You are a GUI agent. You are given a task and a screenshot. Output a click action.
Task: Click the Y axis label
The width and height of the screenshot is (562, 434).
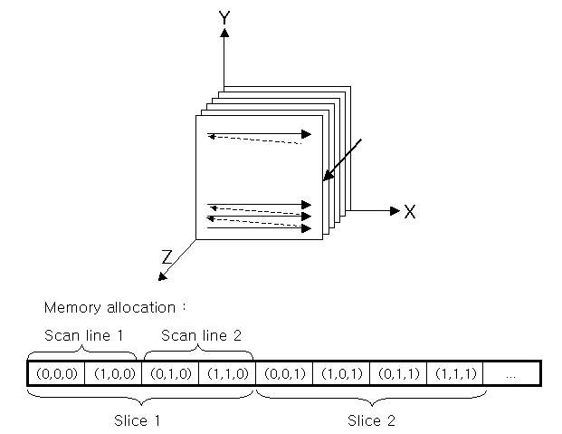coord(224,17)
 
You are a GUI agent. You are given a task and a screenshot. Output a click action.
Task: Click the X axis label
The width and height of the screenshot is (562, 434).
coord(409,212)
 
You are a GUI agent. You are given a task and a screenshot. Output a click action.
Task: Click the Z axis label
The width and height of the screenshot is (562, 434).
coord(167,257)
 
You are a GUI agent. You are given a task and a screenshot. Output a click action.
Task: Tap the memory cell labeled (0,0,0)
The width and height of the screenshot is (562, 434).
coord(56,373)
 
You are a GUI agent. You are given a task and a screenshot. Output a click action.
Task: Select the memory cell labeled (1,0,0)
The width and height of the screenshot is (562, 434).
coord(113,373)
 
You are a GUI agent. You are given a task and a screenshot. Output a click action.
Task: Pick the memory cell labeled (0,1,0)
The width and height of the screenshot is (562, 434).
coord(170,373)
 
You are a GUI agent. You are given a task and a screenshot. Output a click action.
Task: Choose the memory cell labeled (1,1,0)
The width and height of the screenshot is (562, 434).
coord(227,373)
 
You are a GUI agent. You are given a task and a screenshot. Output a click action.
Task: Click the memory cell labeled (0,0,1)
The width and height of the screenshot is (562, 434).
coord(284,373)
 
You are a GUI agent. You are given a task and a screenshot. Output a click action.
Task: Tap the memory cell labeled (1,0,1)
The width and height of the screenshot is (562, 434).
coord(341,373)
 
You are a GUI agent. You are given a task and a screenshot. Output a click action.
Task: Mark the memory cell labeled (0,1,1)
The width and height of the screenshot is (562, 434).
coord(398,373)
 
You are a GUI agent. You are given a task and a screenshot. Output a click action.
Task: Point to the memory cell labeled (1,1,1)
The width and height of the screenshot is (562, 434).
coord(455,373)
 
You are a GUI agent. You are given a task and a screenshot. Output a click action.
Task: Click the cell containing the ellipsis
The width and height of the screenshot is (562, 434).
coord(511,373)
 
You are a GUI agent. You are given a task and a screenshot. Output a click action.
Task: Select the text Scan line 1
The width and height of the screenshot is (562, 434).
coord(83,335)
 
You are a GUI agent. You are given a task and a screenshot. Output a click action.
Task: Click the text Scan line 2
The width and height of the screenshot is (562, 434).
coord(201,335)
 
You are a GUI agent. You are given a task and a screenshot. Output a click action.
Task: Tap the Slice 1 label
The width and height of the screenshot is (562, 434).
coord(138,420)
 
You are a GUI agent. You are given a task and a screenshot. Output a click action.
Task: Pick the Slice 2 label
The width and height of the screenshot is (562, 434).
coord(372,420)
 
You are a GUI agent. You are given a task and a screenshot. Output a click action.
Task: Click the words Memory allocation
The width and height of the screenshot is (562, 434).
coord(114,307)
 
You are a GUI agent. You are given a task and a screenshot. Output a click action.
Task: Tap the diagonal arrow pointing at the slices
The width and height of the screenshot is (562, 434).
coord(342,159)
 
